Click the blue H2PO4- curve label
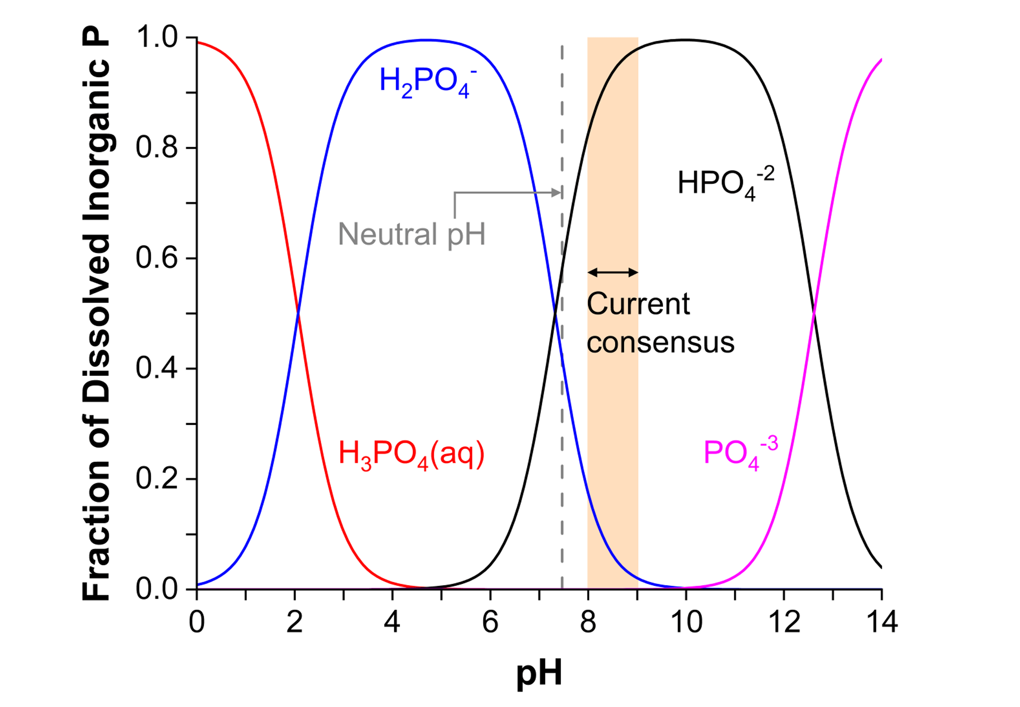(x=427, y=82)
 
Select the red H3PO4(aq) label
(x=411, y=454)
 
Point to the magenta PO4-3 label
(x=740, y=453)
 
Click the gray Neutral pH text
(x=411, y=234)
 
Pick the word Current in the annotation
(x=638, y=304)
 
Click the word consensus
(x=660, y=343)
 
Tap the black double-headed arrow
(x=613, y=272)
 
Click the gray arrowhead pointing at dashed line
(x=556, y=193)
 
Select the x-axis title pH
(x=539, y=673)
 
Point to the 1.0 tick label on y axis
(x=157, y=37)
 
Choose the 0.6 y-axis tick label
(x=157, y=258)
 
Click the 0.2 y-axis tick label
(x=157, y=479)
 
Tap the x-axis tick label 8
(x=588, y=622)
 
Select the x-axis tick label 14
(x=881, y=622)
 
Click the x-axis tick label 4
(x=392, y=622)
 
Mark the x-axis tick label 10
(x=686, y=622)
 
